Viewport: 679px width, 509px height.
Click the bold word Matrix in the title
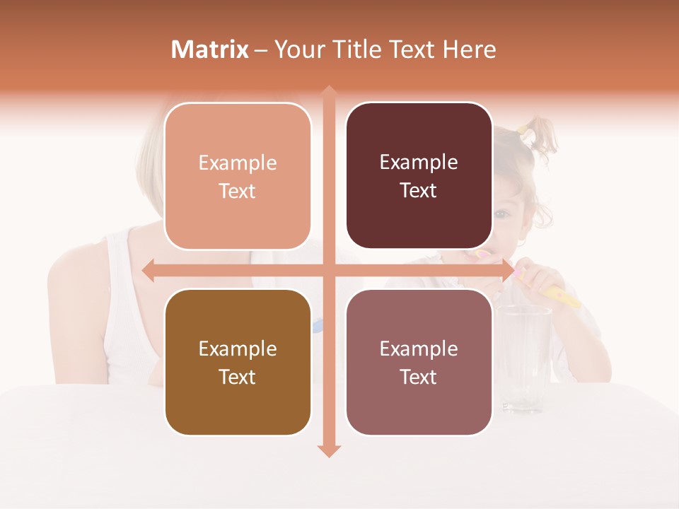(210, 49)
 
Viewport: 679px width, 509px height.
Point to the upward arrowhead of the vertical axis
(328, 93)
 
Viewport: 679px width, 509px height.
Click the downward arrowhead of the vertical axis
(328, 450)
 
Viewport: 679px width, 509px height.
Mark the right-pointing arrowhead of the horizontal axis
(507, 271)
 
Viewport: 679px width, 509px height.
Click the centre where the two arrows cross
(328, 271)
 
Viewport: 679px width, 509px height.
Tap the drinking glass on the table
(523, 357)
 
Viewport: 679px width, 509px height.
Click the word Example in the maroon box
(419, 163)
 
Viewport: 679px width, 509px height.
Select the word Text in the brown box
(238, 377)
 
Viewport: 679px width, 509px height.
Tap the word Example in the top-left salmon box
(238, 163)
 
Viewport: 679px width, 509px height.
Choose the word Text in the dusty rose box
(419, 377)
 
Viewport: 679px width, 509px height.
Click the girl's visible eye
(501, 214)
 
